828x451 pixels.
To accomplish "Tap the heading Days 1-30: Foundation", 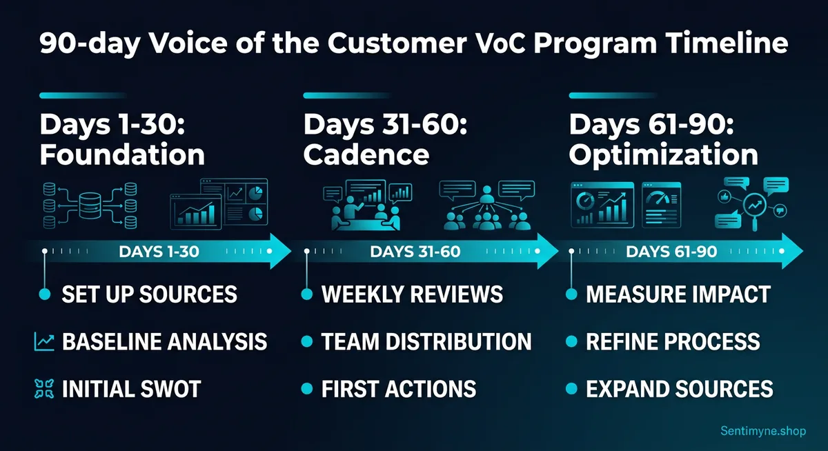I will tap(122, 140).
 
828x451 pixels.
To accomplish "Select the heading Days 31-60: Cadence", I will tap(385, 140).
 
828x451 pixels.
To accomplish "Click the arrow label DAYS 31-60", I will tap(415, 252).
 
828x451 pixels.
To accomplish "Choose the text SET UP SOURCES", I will tap(149, 295).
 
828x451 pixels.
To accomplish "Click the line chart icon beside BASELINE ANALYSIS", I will tap(43, 341).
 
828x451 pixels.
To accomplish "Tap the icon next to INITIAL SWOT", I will tap(43, 388).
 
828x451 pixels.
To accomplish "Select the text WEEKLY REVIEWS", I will tap(412, 295).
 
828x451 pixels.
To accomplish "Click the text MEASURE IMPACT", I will tap(678, 295).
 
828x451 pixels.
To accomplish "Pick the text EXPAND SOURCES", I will tap(679, 388).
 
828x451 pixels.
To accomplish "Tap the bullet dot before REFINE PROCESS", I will tap(571, 341).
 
